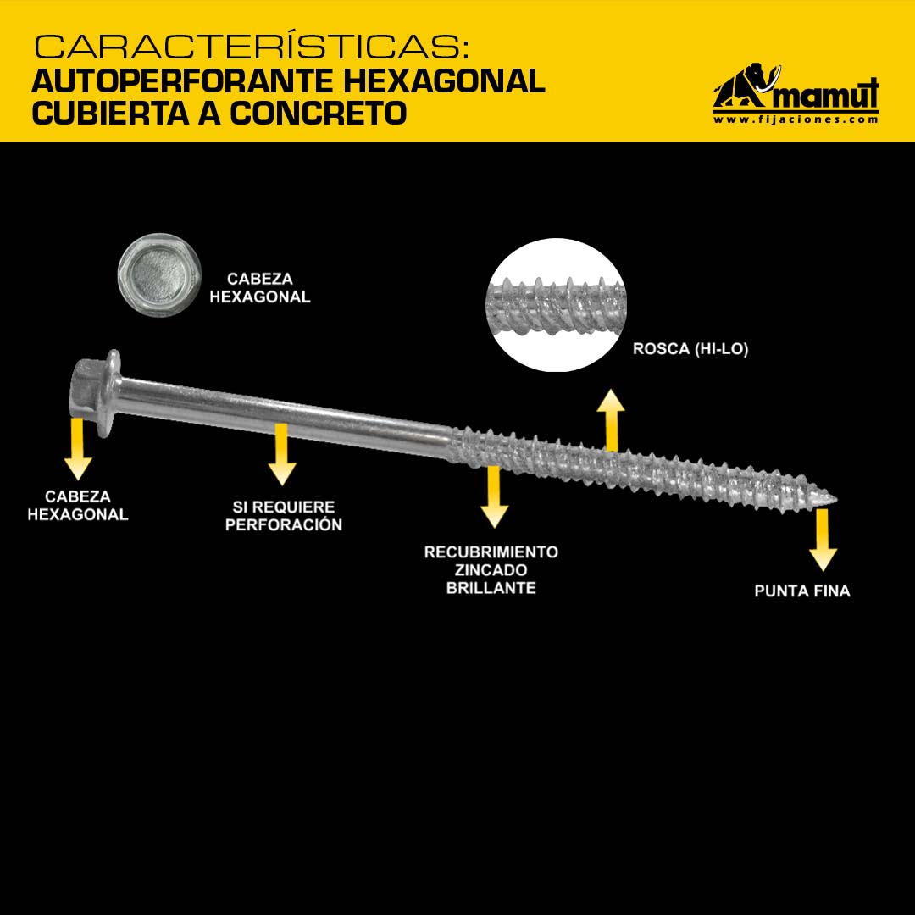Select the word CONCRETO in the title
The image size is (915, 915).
pos(318,113)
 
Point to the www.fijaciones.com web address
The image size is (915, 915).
pos(796,119)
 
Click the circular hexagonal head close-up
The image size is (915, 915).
pos(159,274)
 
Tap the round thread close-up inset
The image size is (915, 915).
pos(556,305)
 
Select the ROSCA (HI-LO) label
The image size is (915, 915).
pos(690,349)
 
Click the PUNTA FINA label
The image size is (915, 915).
pos(801,591)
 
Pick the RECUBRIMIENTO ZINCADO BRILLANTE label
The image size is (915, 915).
pos(491,569)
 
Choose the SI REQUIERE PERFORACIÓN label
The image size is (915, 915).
pos(284,516)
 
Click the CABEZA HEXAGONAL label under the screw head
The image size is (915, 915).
pos(78,505)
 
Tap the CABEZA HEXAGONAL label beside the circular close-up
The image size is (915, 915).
pos(260,288)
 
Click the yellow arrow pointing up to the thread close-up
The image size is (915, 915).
pos(610,420)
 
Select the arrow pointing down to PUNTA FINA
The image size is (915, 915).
pos(823,540)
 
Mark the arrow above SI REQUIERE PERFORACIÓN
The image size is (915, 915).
pos(282,455)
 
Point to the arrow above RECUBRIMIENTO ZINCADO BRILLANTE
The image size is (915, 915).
pos(494,496)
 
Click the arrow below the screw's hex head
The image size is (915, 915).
pos(78,449)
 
